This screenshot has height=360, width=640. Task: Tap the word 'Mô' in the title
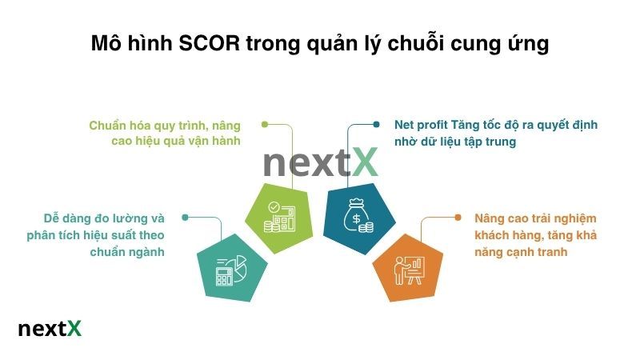tap(106, 44)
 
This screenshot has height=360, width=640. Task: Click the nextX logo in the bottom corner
tap(50, 329)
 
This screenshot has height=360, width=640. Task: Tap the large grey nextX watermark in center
tap(319, 162)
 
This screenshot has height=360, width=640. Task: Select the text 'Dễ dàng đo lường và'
tap(104, 218)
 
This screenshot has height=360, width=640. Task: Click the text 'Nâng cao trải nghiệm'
tap(535, 218)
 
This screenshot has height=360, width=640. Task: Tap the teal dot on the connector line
tap(186, 217)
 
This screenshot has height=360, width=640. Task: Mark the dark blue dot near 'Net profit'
tap(376, 125)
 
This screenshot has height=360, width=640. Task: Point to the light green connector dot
tap(264, 125)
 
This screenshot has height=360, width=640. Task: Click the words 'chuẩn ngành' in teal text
tap(127, 252)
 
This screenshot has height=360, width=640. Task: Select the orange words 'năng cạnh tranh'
tap(521, 252)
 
